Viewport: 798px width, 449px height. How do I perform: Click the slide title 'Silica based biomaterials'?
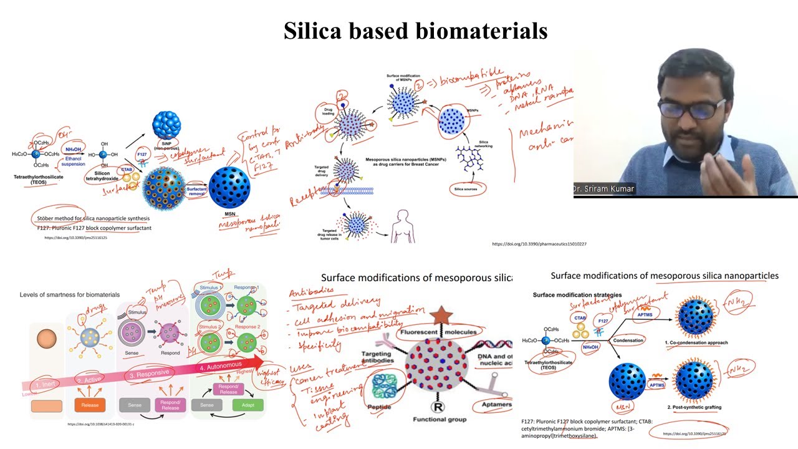pos(415,30)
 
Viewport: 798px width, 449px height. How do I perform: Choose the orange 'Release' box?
pos(90,405)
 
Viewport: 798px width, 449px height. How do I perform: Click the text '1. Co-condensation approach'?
pos(696,342)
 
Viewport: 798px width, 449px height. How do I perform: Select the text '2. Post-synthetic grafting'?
pos(694,407)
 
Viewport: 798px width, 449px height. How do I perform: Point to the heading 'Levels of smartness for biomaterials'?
pos(70,294)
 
